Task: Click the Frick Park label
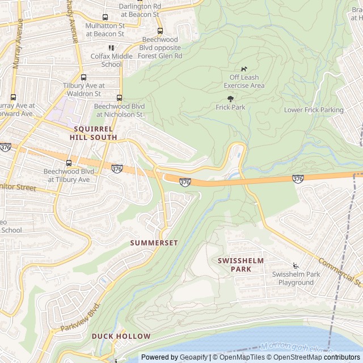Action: pos(230,107)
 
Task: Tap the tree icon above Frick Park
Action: pos(230,99)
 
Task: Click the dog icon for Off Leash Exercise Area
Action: pos(244,69)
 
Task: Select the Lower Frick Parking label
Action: pos(314,110)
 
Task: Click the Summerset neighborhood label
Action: pos(154,243)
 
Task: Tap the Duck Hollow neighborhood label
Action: pos(121,336)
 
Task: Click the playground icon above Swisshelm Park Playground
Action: pos(295,265)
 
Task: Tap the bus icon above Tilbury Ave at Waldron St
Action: pos(84,77)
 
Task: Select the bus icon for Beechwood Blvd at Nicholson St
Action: pos(119,98)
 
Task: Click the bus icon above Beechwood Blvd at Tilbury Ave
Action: pos(69,163)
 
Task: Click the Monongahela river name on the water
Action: pos(295,347)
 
